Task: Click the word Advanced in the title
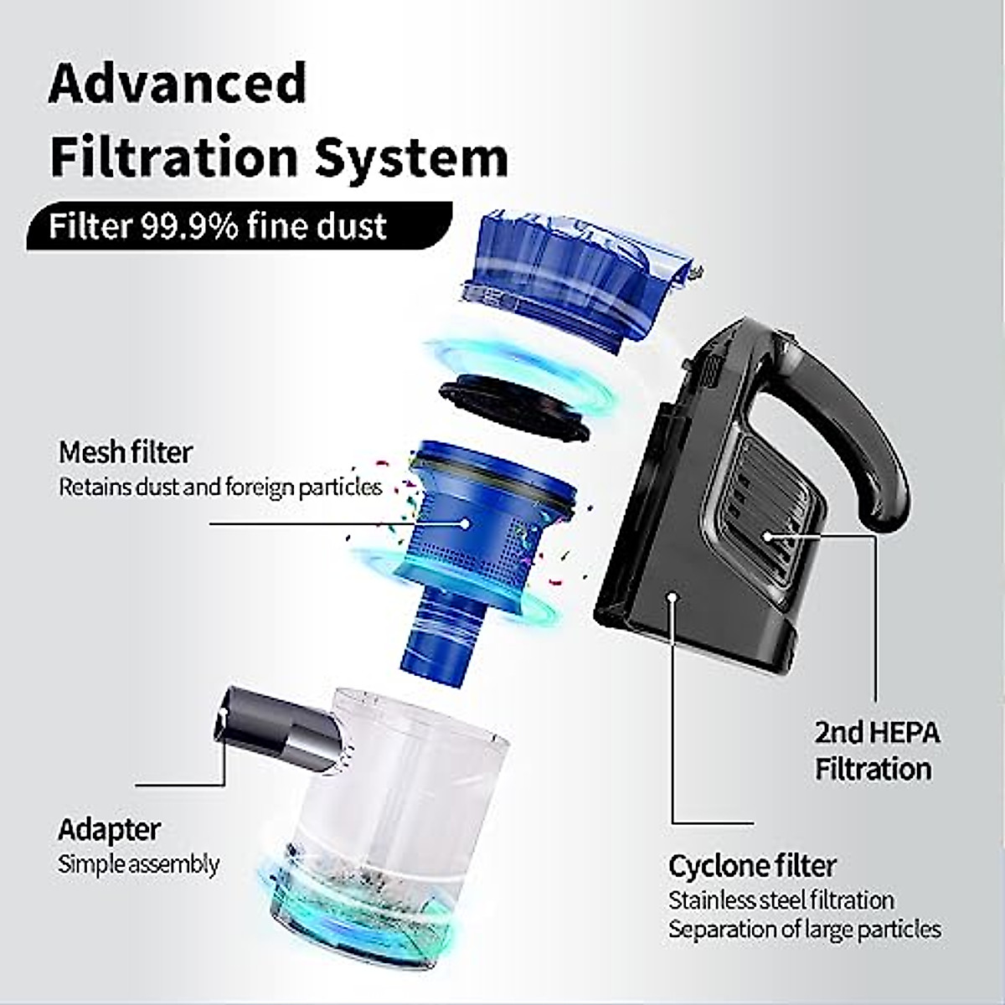(178, 84)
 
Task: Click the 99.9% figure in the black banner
(189, 226)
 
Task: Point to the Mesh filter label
(126, 452)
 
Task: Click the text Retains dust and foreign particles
(219, 487)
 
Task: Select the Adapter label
(109, 830)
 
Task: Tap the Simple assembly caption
(138, 864)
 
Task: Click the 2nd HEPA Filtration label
(876, 750)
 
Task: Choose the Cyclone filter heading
(752, 865)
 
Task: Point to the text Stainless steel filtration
(781, 900)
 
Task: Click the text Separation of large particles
(804, 930)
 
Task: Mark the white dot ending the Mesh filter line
(466, 523)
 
